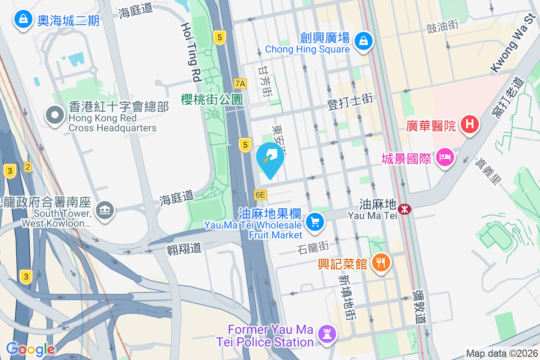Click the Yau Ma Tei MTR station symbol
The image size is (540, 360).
tap(404, 208)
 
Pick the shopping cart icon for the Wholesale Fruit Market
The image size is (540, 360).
tap(315, 222)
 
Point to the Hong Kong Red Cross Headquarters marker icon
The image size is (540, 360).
tap(54, 116)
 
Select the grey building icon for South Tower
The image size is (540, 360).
tap(105, 210)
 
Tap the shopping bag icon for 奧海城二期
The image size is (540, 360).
tap(22, 19)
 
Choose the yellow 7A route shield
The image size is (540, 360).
tap(241, 83)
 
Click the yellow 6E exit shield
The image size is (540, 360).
tap(260, 195)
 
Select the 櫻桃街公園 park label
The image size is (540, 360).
tap(211, 99)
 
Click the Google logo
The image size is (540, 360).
tap(30, 349)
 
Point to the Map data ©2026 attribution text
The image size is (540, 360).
tap(502, 353)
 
